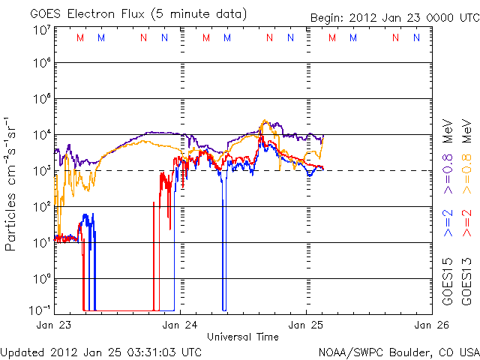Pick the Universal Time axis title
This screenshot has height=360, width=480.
243,337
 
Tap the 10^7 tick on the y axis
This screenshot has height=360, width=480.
41,30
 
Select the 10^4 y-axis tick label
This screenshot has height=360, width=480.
41,135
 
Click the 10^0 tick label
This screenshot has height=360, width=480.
41,278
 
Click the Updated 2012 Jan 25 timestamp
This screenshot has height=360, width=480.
101,351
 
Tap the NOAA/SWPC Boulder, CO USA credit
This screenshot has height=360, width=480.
398,351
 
